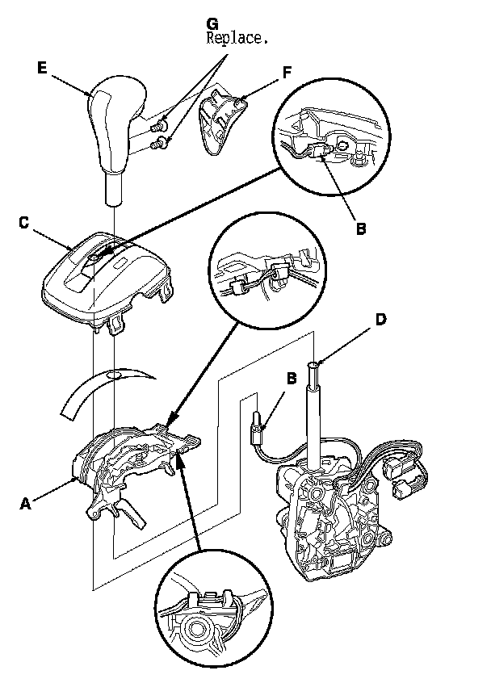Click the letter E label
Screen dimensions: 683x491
42,69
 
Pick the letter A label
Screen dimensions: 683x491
26,502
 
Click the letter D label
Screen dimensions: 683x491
380,319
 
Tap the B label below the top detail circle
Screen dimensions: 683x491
361,228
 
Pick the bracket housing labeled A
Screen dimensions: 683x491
129,476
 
